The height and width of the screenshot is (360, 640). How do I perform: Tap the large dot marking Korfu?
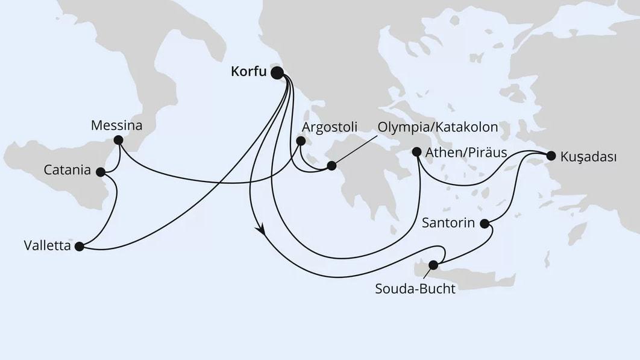pyautogui.click(x=277, y=73)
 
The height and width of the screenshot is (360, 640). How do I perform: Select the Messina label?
pyautogui.click(x=116, y=126)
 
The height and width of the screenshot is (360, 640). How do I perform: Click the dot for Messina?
pyautogui.click(x=118, y=140)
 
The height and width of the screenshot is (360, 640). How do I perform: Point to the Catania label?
pyautogui.click(x=67, y=171)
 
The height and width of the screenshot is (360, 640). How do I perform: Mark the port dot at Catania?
pyautogui.click(x=100, y=172)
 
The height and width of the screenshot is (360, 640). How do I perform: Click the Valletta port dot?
pyautogui.click(x=79, y=246)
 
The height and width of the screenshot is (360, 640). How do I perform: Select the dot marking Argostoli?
pyautogui.click(x=301, y=142)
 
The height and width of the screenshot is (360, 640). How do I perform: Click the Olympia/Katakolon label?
pyautogui.click(x=438, y=127)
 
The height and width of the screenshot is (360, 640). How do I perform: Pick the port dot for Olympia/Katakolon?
pyautogui.click(x=331, y=165)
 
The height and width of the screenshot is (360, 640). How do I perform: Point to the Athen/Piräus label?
pyautogui.click(x=466, y=153)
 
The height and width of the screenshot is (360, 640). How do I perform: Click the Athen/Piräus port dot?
pyautogui.click(x=416, y=153)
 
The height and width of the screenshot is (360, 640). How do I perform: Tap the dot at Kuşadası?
pyautogui.click(x=550, y=156)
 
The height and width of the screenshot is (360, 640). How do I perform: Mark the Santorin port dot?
pyautogui.click(x=485, y=224)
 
